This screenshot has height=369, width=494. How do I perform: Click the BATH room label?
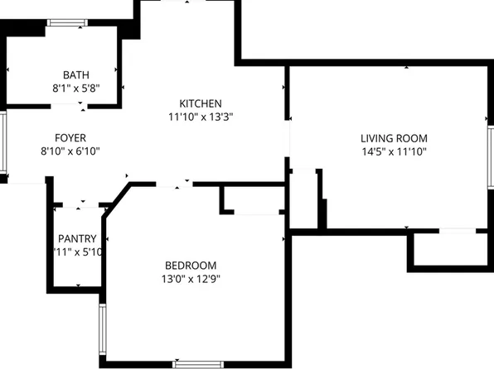tap(76, 74)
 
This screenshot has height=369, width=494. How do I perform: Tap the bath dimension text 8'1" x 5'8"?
tap(76, 86)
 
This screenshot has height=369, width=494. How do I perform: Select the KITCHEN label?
tap(201, 103)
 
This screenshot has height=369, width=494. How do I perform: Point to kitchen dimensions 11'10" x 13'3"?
tap(201, 117)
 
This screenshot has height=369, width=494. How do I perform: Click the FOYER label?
tap(70, 137)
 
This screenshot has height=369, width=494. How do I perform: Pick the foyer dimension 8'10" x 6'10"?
tap(70, 151)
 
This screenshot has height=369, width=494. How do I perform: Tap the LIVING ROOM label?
tap(394, 137)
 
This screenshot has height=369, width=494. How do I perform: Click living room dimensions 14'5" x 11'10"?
tap(394, 151)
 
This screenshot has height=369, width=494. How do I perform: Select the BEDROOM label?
tap(191, 265)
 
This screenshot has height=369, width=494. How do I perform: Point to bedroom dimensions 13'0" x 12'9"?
tap(191, 278)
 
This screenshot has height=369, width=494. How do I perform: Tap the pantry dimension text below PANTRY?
tap(78, 252)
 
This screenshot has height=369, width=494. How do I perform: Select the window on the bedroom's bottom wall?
tap(198, 363)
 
